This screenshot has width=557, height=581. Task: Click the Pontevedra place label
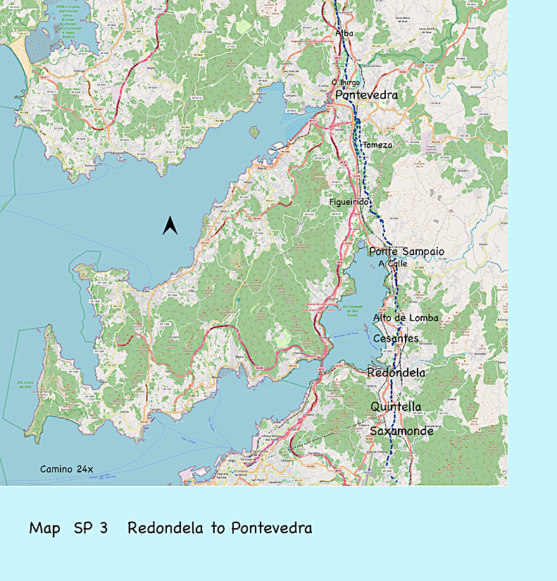coord(366,95)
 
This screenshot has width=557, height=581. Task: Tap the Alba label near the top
coord(345,33)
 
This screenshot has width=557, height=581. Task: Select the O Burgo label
coord(345,82)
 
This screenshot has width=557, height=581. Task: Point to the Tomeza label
coord(377,145)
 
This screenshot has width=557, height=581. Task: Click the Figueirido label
coord(349,202)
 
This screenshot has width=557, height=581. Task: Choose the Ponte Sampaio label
coord(407,251)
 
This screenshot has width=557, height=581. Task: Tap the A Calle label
coord(393,264)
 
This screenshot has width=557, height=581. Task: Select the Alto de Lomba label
coord(406,318)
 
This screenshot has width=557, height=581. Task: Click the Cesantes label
coord(396,338)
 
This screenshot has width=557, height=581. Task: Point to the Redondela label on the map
coord(396,372)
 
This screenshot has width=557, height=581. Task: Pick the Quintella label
coord(396,407)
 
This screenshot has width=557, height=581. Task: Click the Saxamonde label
coord(401,430)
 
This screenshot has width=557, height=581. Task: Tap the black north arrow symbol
coord(169,226)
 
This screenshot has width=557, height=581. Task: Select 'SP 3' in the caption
coord(90,528)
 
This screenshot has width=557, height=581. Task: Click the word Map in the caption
coord(45,528)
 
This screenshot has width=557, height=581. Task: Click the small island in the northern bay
coord(254,131)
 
